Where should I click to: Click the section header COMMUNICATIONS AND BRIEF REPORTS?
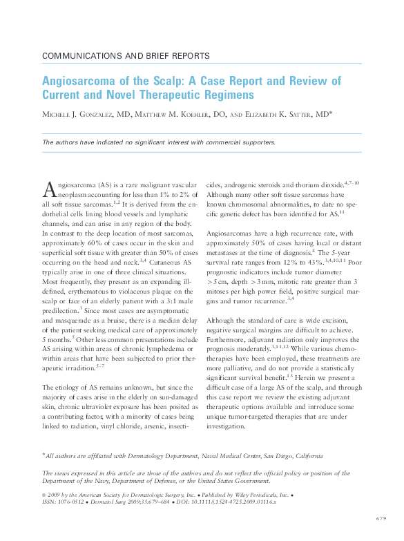126,55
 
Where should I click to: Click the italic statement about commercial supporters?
159,142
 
